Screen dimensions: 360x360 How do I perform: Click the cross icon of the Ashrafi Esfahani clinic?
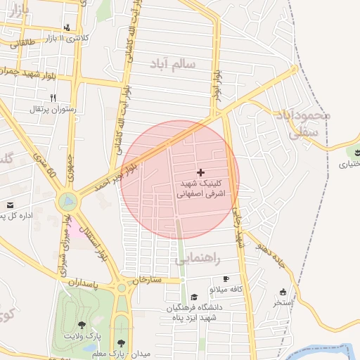point(201,172)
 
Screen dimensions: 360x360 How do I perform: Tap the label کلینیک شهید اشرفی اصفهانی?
point(201,190)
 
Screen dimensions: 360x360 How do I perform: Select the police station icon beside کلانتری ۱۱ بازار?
point(66,28)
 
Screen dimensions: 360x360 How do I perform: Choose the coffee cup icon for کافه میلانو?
point(225,278)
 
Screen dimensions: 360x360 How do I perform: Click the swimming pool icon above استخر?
point(283,292)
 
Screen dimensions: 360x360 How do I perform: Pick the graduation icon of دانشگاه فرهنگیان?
point(183,297)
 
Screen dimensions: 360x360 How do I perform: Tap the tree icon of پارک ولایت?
point(82,325)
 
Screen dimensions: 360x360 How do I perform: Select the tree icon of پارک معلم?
point(121,343)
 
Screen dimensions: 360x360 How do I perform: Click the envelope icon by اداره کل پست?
point(10,205)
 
